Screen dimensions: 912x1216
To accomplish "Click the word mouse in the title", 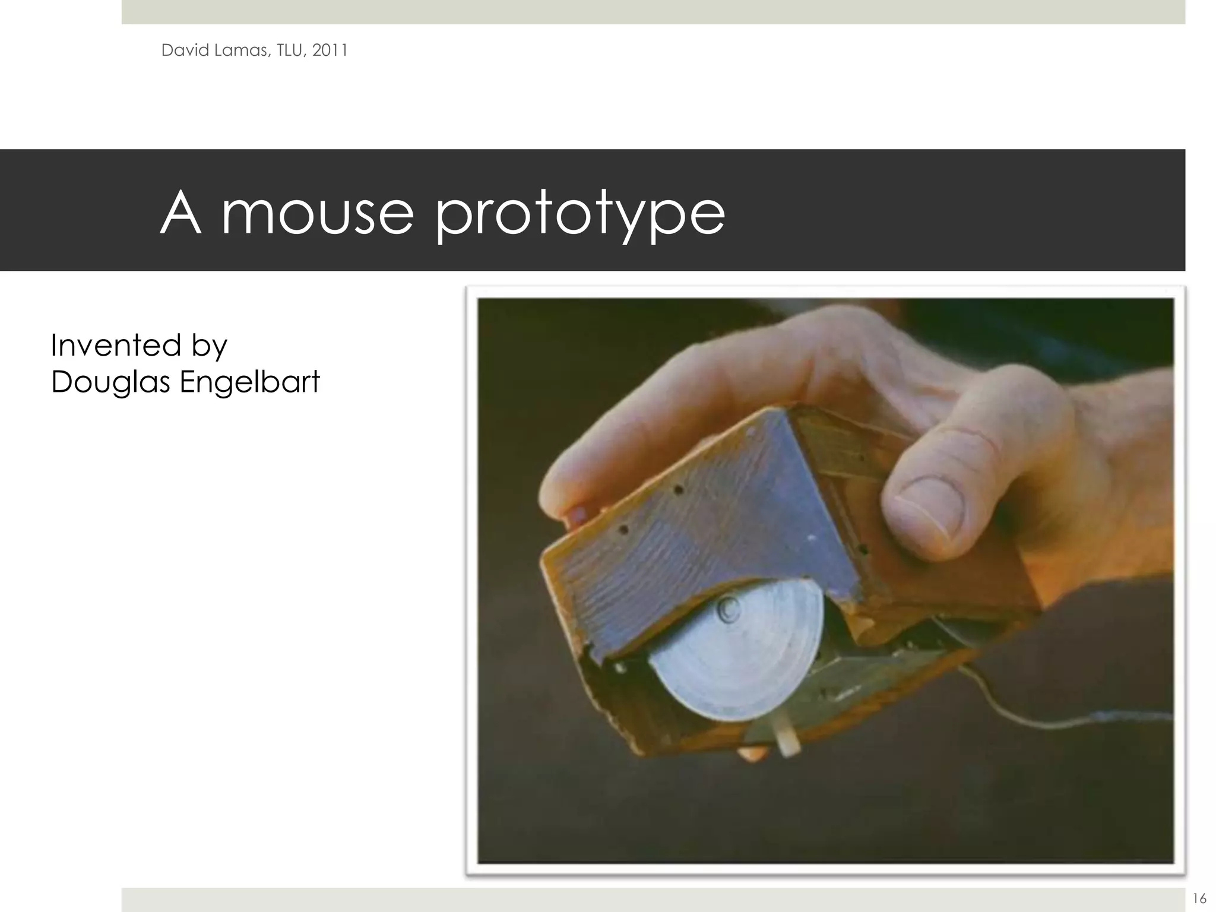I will click(x=317, y=214).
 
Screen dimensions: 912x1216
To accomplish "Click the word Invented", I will click(x=116, y=345).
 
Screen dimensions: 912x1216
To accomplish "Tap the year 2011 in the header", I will click(x=330, y=50).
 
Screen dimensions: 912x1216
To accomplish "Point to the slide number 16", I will click(x=1199, y=898).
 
